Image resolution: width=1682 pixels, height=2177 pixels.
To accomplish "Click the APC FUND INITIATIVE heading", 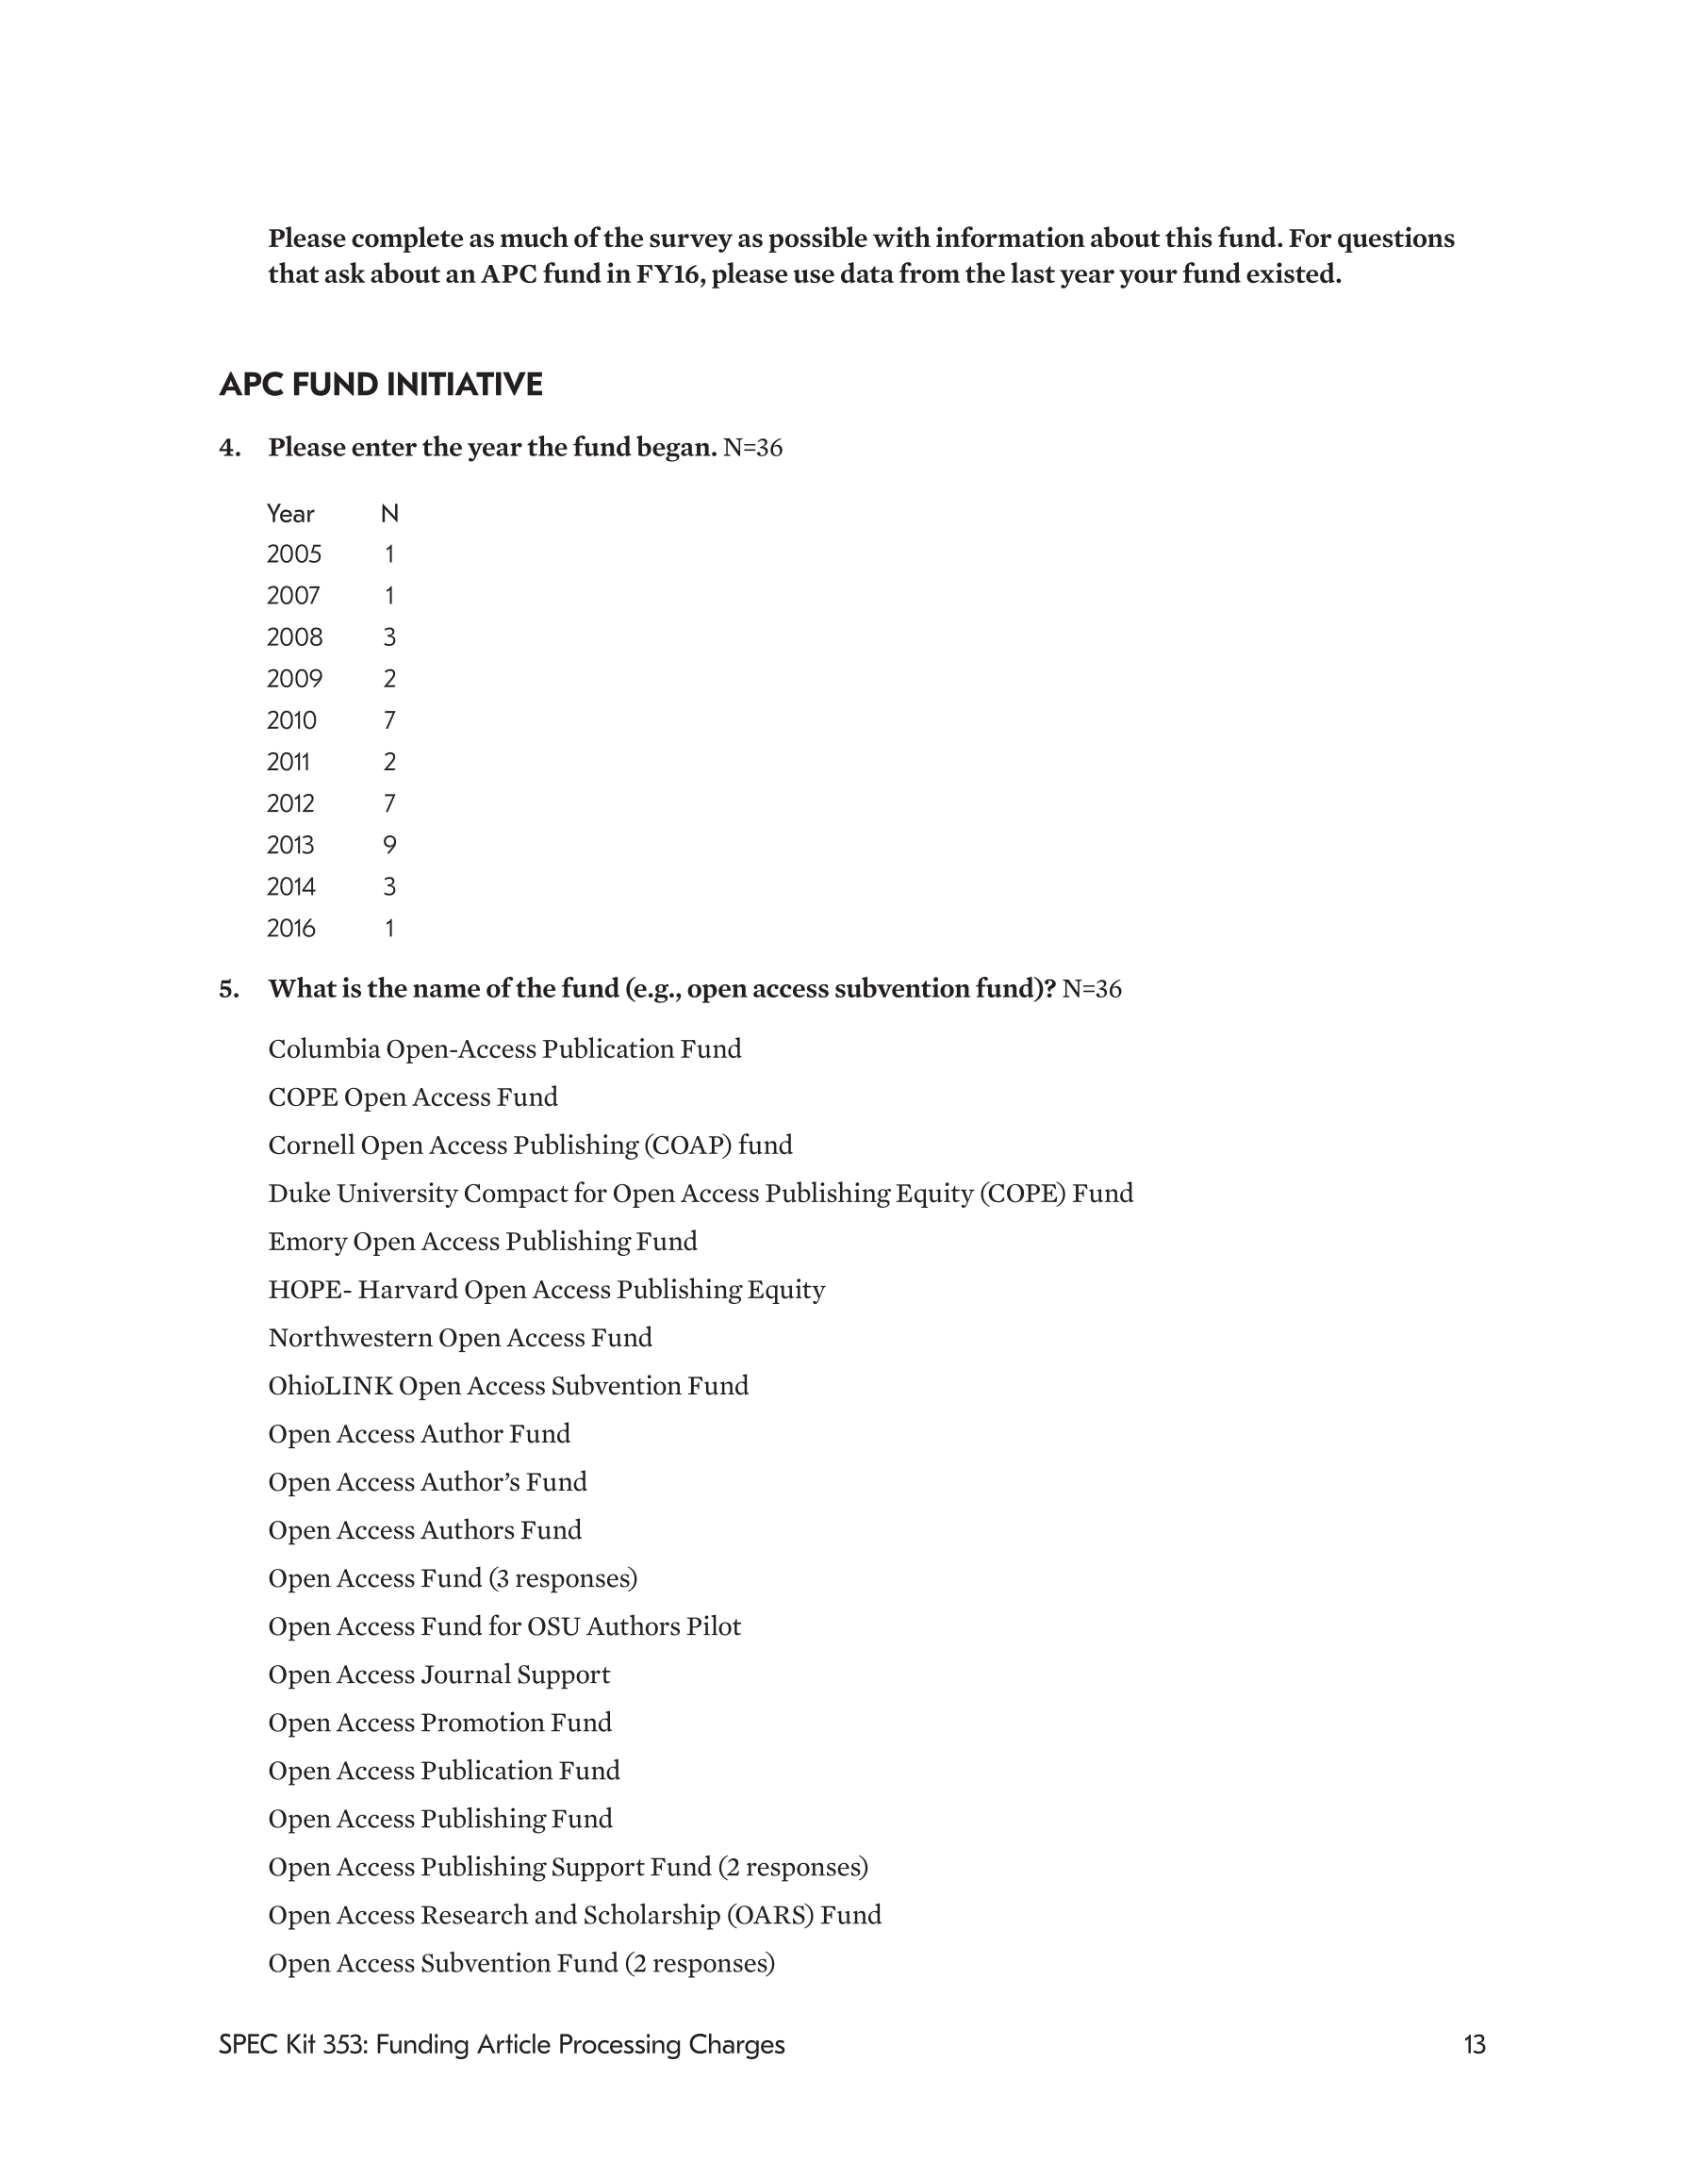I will point(380,385).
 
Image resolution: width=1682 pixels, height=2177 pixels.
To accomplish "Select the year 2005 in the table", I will point(294,554).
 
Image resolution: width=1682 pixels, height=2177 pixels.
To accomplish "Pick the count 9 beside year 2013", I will point(389,846).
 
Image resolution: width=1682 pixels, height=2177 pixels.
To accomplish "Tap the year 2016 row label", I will point(291,929).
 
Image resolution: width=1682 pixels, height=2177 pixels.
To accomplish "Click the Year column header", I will point(290,515).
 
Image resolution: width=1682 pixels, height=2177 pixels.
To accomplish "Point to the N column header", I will point(389,515).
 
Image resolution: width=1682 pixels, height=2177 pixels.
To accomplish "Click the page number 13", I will point(1474,2045).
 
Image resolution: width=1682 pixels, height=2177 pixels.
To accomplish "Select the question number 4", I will point(229,448).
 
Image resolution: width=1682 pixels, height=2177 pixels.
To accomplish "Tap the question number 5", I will point(229,989).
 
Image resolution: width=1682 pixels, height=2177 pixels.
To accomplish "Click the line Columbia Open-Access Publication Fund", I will point(504,1049).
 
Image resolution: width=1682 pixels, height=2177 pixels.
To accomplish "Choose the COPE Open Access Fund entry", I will point(413,1097).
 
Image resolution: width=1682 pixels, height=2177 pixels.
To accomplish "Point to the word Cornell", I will point(311,1146).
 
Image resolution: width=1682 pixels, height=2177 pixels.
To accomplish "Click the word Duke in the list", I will point(298,1195).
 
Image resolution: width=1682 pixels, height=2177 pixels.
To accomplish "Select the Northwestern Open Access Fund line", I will point(460,1338).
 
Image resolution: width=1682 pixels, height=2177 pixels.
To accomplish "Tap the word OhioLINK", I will point(330,1387).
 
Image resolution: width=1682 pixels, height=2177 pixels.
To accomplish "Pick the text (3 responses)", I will point(563,1579).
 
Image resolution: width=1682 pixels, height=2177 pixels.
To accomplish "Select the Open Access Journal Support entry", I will point(438,1674).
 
